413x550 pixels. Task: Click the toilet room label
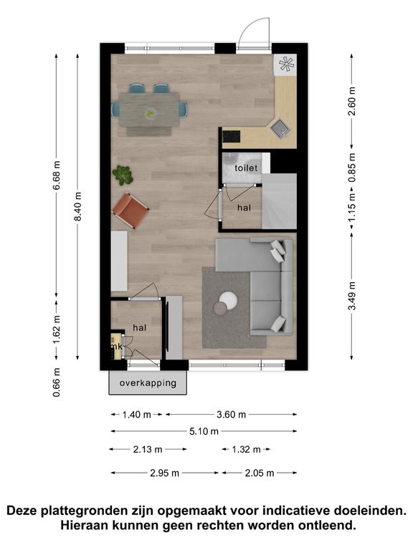tap(246, 168)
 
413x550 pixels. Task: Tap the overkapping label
tap(148, 383)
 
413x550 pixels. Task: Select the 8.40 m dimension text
tap(78, 206)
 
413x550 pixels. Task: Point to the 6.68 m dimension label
tap(57, 175)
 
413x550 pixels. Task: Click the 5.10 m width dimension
tap(204, 431)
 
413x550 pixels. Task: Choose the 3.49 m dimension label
tap(352, 296)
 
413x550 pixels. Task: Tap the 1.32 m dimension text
tap(246, 449)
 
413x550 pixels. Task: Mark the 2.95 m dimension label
tap(165, 473)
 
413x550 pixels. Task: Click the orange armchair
tap(130, 211)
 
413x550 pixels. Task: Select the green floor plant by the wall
tap(123, 175)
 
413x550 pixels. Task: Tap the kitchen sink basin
tap(281, 127)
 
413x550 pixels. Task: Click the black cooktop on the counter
tap(232, 137)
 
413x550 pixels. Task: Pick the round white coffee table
tap(229, 301)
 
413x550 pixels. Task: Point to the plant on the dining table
tap(151, 113)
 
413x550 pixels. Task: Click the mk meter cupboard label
tap(116, 347)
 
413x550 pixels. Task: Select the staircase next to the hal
tap(280, 201)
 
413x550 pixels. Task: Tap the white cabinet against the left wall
tap(119, 261)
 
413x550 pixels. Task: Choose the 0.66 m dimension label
tap(57, 382)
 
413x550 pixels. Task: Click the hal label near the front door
tap(139, 328)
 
